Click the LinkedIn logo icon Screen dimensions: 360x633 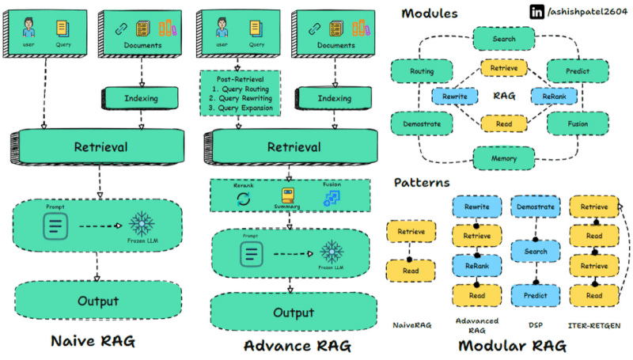(514, 13)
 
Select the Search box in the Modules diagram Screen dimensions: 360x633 (504, 37)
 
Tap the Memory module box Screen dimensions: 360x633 (504, 158)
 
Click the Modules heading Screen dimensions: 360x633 (430, 13)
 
